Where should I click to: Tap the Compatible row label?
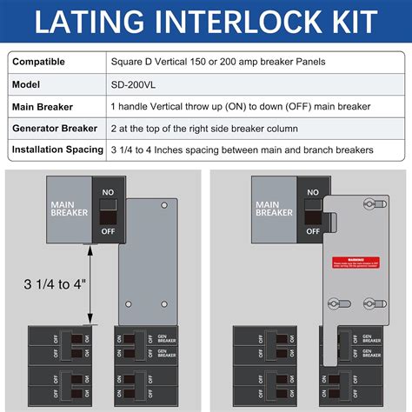43,62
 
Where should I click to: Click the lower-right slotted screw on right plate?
367,305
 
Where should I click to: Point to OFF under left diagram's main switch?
106,232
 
